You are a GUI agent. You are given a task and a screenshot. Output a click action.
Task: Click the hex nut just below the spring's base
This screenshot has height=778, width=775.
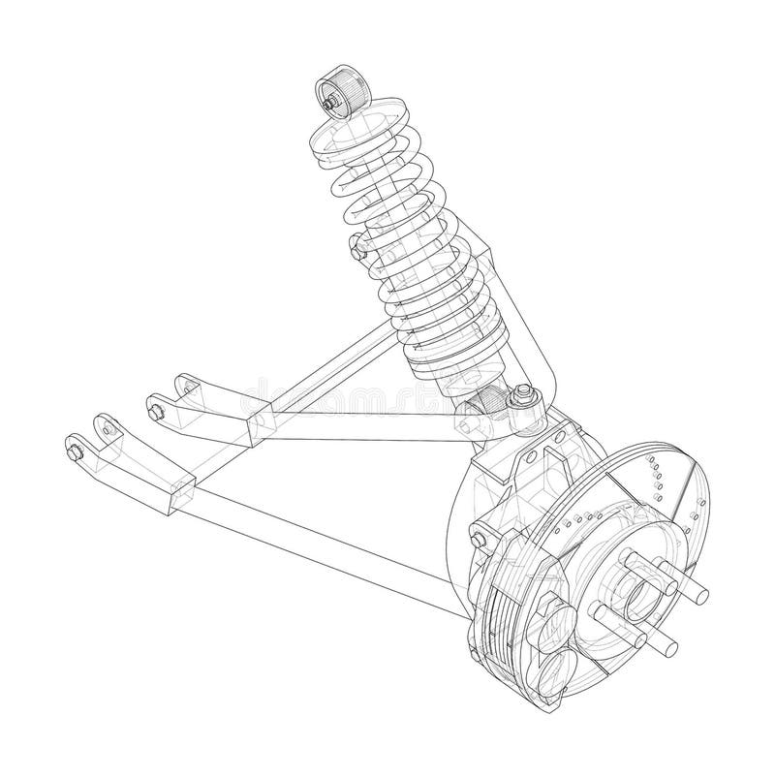tap(522, 392)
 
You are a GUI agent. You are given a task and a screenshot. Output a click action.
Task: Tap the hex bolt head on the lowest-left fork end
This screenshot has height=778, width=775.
tap(74, 451)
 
